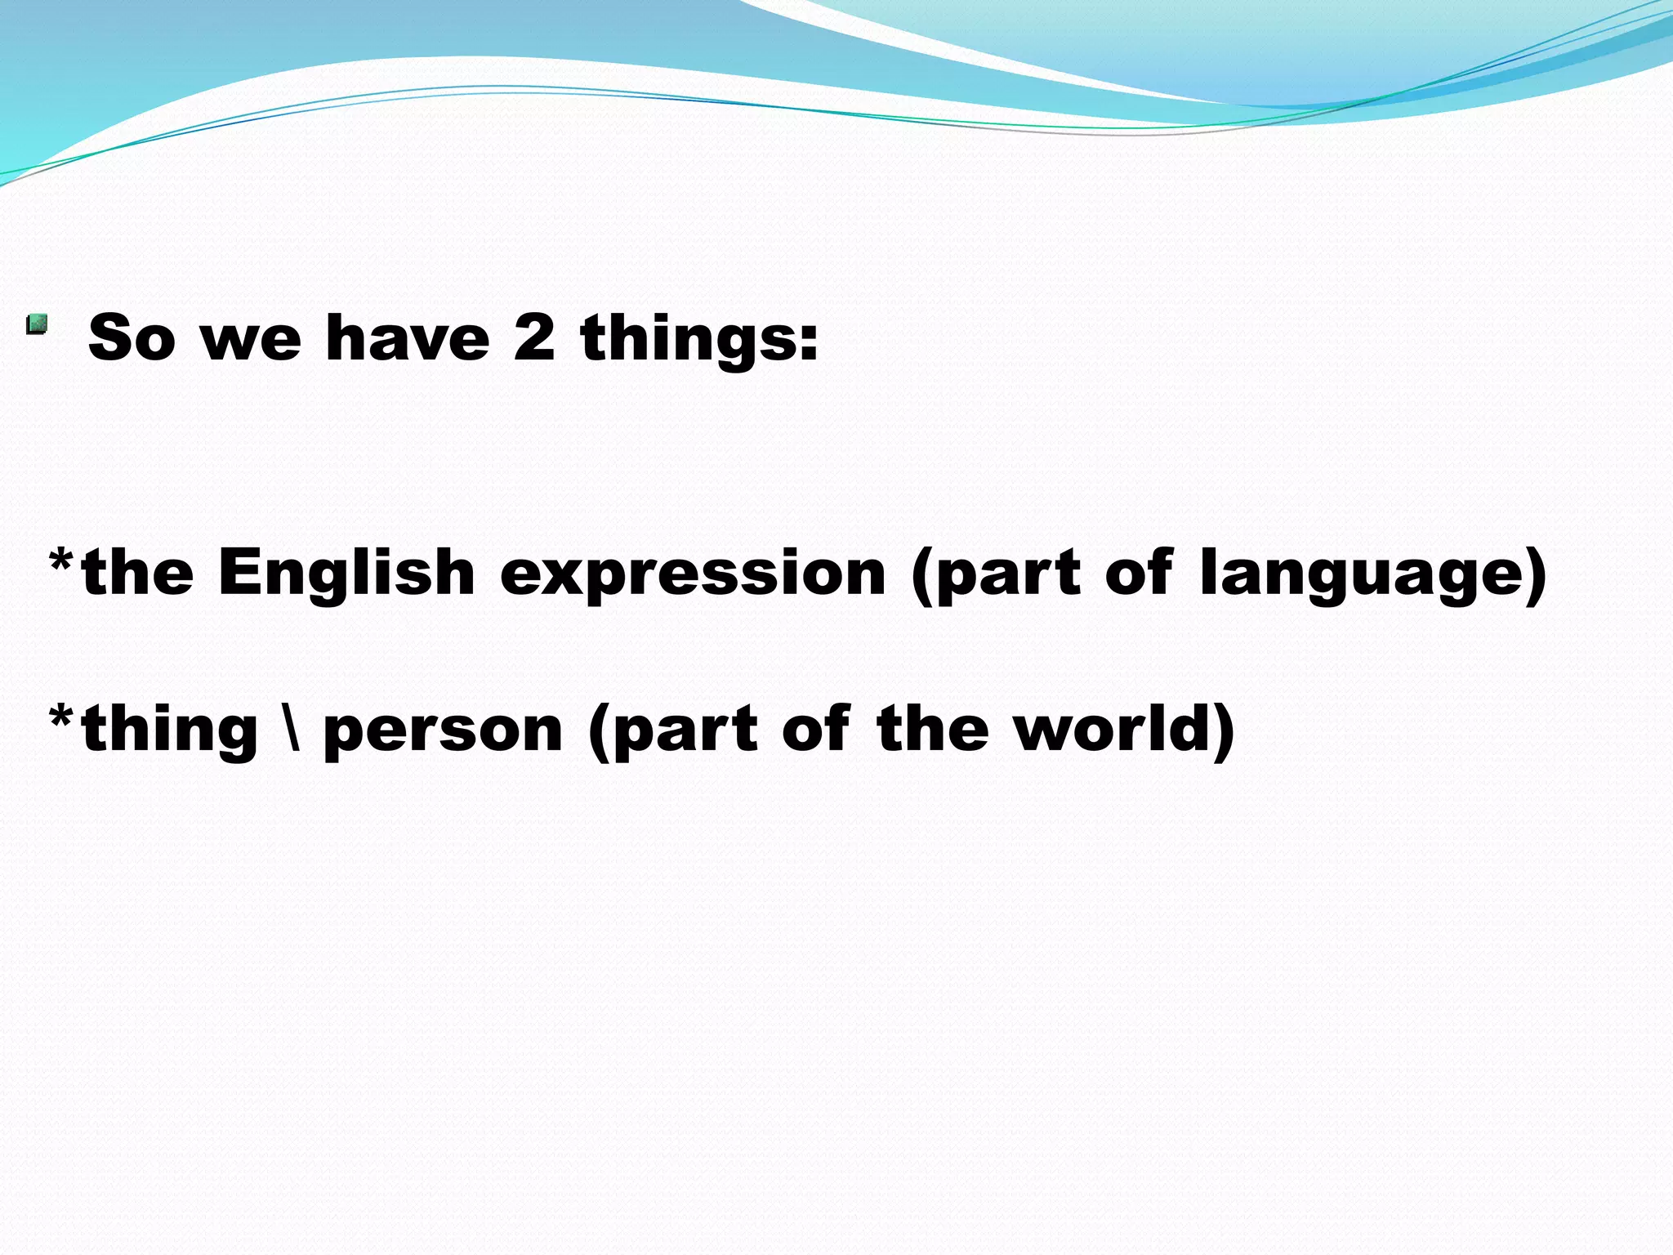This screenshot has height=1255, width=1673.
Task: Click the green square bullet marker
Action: [37, 325]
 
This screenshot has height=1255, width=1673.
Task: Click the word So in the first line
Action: [132, 337]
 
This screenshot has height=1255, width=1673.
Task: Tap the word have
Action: [407, 337]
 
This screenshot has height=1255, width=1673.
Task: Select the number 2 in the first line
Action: [534, 337]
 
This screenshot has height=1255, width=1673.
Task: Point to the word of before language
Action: [1140, 572]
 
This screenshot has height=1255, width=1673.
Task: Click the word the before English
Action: [137, 572]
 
